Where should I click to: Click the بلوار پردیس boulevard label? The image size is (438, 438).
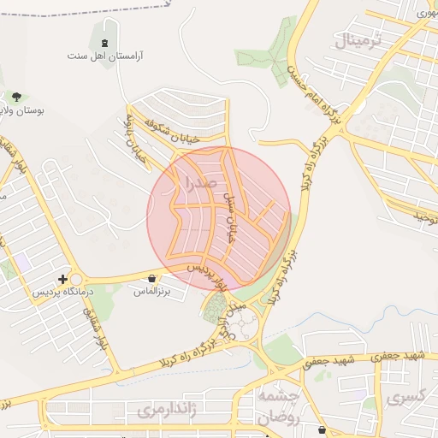click(207, 275)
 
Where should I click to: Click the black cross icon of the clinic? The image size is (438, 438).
click(62, 279)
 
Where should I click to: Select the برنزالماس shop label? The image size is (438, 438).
click(152, 292)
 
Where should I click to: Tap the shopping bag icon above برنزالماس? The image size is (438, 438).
click(152, 278)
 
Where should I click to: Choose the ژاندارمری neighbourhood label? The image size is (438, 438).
click(167, 411)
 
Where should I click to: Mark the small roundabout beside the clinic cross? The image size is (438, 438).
click(78, 280)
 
